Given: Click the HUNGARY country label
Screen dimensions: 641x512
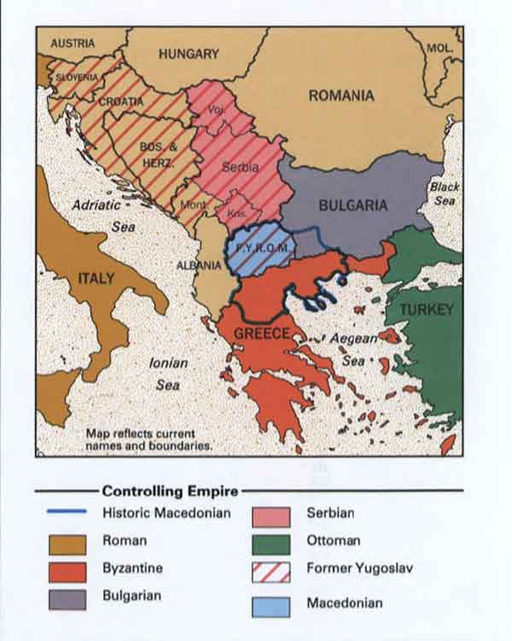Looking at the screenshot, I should (x=188, y=54).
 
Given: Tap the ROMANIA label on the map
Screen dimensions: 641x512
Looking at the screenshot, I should (x=340, y=95).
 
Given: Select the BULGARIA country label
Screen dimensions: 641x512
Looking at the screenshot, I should (x=353, y=205).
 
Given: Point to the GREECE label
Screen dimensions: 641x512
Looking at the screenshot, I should (x=262, y=333).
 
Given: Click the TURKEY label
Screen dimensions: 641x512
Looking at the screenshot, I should (x=426, y=309).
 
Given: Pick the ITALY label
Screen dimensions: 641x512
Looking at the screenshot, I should (x=96, y=279).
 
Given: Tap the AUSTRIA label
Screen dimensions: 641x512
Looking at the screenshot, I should (x=73, y=43).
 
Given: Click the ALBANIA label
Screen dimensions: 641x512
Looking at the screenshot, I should (x=199, y=265).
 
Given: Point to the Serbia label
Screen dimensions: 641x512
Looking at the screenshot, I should (x=240, y=168).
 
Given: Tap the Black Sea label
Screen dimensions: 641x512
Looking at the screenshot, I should (x=444, y=193).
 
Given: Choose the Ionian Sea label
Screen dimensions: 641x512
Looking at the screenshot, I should (x=168, y=373).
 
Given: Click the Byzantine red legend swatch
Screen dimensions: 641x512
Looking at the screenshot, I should (x=67, y=567).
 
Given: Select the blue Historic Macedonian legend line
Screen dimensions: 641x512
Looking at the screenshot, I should (x=67, y=512).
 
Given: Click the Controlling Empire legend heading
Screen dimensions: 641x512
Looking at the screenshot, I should (x=170, y=491).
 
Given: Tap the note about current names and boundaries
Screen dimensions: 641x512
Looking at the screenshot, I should (x=149, y=438).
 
